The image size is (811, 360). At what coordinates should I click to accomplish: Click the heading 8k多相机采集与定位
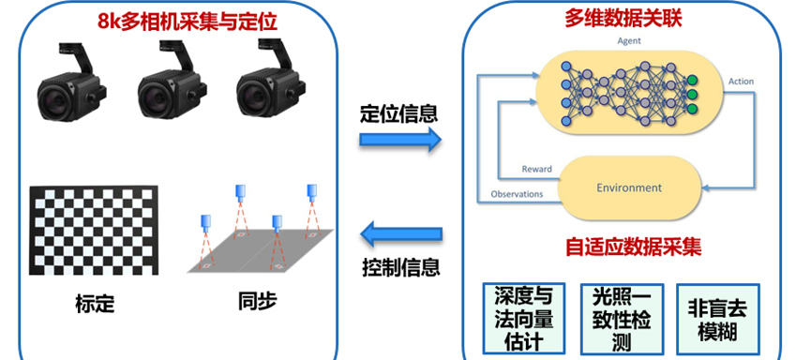tap(188, 22)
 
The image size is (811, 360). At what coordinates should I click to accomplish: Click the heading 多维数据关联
tap(623, 19)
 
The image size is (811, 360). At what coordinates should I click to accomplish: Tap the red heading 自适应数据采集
tap(633, 247)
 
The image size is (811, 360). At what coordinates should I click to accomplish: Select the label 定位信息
tap(399, 113)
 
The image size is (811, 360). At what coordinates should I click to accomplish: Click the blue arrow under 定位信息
tap(400, 141)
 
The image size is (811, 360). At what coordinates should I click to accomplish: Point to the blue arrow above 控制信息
tap(401, 234)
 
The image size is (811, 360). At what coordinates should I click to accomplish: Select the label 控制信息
tap(400, 267)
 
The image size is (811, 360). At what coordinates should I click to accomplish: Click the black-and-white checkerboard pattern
tap(94, 231)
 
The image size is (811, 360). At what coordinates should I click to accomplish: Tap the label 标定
tap(95, 304)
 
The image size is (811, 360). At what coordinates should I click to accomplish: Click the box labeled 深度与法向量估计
tap(523, 318)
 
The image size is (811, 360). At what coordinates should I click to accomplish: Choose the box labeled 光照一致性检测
tap(622, 319)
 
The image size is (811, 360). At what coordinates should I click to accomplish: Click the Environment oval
tap(629, 187)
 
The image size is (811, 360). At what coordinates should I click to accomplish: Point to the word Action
tap(741, 82)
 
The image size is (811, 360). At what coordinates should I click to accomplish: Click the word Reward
tap(536, 169)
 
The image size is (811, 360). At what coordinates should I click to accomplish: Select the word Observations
tap(517, 194)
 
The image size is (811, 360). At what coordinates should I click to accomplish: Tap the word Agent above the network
tap(629, 41)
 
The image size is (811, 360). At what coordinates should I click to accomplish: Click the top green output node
tap(692, 81)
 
